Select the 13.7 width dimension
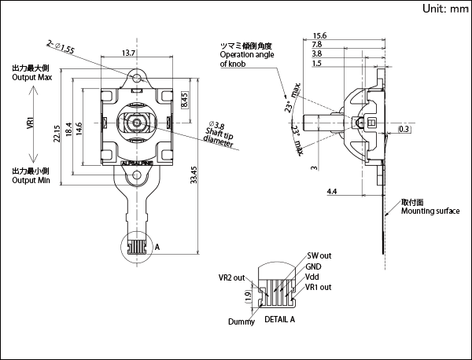click(x=130, y=53)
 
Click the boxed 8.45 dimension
click(x=184, y=101)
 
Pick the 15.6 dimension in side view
click(x=320, y=36)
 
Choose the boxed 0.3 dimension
click(x=404, y=128)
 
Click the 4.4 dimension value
click(x=331, y=191)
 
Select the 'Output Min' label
click(x=31, y=180)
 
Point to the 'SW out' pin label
click(x=319, y=256)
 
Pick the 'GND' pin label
click(x=313, y=266)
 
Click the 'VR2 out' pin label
click(x=232, y=277)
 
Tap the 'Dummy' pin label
click(x=242, y=321)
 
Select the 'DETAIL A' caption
click(x=280, y=320)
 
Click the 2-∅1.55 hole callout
click(x=61, y=47)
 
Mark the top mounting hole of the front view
click(x=138, y=79)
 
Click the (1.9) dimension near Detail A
click(x=248, y=296)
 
